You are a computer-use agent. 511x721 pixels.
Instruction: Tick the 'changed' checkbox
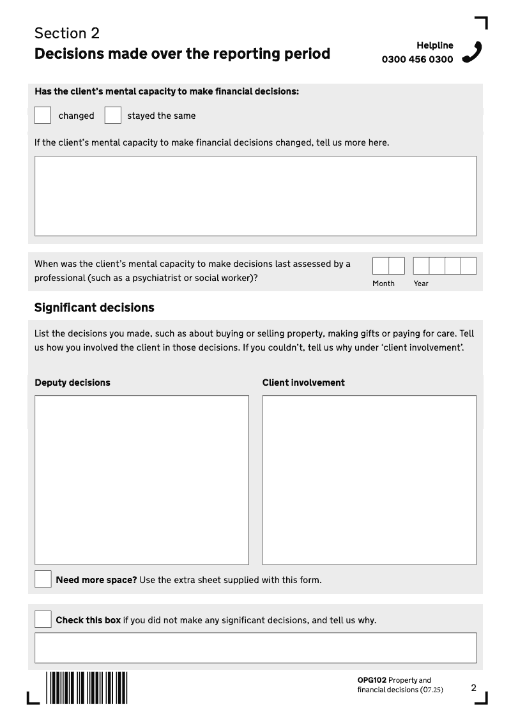[x=43, y=115]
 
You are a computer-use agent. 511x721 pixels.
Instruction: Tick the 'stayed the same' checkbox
[x=113, y=115]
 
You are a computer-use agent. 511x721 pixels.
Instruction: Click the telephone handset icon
[x=471, y=52]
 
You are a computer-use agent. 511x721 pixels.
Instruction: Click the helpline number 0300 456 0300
[x=417, y=59]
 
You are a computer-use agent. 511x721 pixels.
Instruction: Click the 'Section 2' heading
[x=67, y=33]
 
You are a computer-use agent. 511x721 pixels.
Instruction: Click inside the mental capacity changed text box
[x=256, y=195]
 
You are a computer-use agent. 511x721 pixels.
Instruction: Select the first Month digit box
[x=380, y=266]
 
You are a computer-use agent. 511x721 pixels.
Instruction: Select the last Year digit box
[x=469, y=266]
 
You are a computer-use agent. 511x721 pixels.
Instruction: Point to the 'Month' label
[x=383, y=284]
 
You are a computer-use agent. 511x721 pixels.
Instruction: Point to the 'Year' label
[x=421, y=284]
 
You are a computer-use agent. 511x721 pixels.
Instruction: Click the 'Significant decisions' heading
[x=95, y=308]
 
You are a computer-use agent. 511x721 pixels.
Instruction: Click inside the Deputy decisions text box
[x=142, y=480]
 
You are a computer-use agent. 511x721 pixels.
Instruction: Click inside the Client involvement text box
[x=369, y=480]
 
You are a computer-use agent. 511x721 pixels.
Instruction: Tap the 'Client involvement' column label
[x=303, y=383]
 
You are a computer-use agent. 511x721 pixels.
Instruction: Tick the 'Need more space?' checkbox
[x=43, y=579]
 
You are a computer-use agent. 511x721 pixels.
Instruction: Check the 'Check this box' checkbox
[x=43, y=619]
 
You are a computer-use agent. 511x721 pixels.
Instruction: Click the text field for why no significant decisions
[x=256, y=648]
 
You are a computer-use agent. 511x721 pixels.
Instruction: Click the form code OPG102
[x=372, y=680]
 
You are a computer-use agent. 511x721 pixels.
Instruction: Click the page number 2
[x=473, y=688]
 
